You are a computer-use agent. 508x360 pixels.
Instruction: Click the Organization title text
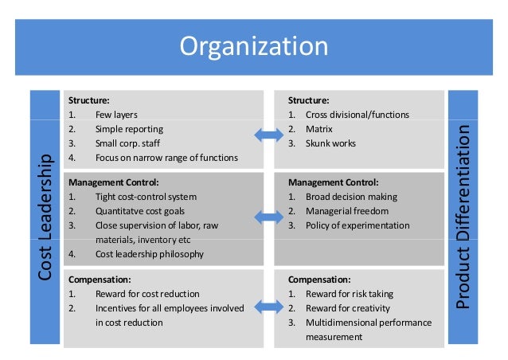coord(254,45)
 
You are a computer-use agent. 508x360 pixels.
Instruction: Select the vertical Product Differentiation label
coord(463,217)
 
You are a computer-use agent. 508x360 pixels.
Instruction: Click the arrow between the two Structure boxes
coord(268,135)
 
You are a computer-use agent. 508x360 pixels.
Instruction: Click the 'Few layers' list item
coord(116,115)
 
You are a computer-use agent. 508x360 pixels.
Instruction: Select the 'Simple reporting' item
coord(129,129)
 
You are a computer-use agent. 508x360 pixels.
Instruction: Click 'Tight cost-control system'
coord(146,197)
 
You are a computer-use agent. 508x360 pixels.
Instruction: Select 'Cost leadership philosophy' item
coord(149,254)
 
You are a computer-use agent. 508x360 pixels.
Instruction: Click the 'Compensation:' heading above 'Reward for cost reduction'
coord(100,280)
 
